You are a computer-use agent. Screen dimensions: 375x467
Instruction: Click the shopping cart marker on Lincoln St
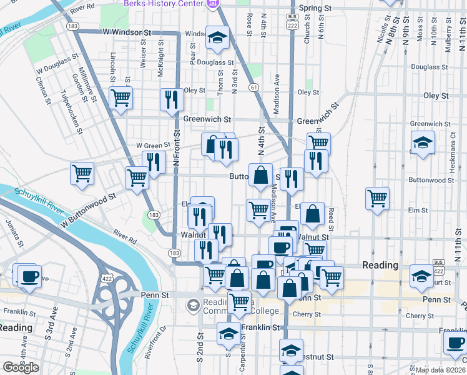pos(120,97)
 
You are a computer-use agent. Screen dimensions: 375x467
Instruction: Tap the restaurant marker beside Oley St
pos(171,99)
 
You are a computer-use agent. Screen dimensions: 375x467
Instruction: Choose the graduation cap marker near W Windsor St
pos(217,39)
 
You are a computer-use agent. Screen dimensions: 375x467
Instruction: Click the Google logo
pos(21,368)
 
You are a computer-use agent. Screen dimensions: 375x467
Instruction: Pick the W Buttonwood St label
pos(89,209)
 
